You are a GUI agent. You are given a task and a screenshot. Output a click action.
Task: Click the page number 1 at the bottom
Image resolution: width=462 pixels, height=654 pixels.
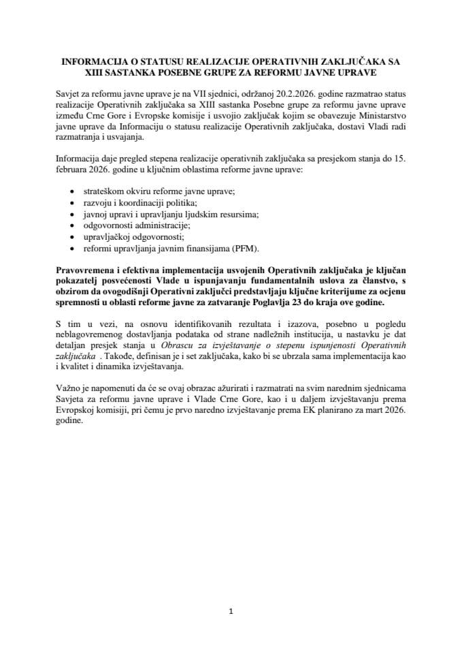click(231, 611)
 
